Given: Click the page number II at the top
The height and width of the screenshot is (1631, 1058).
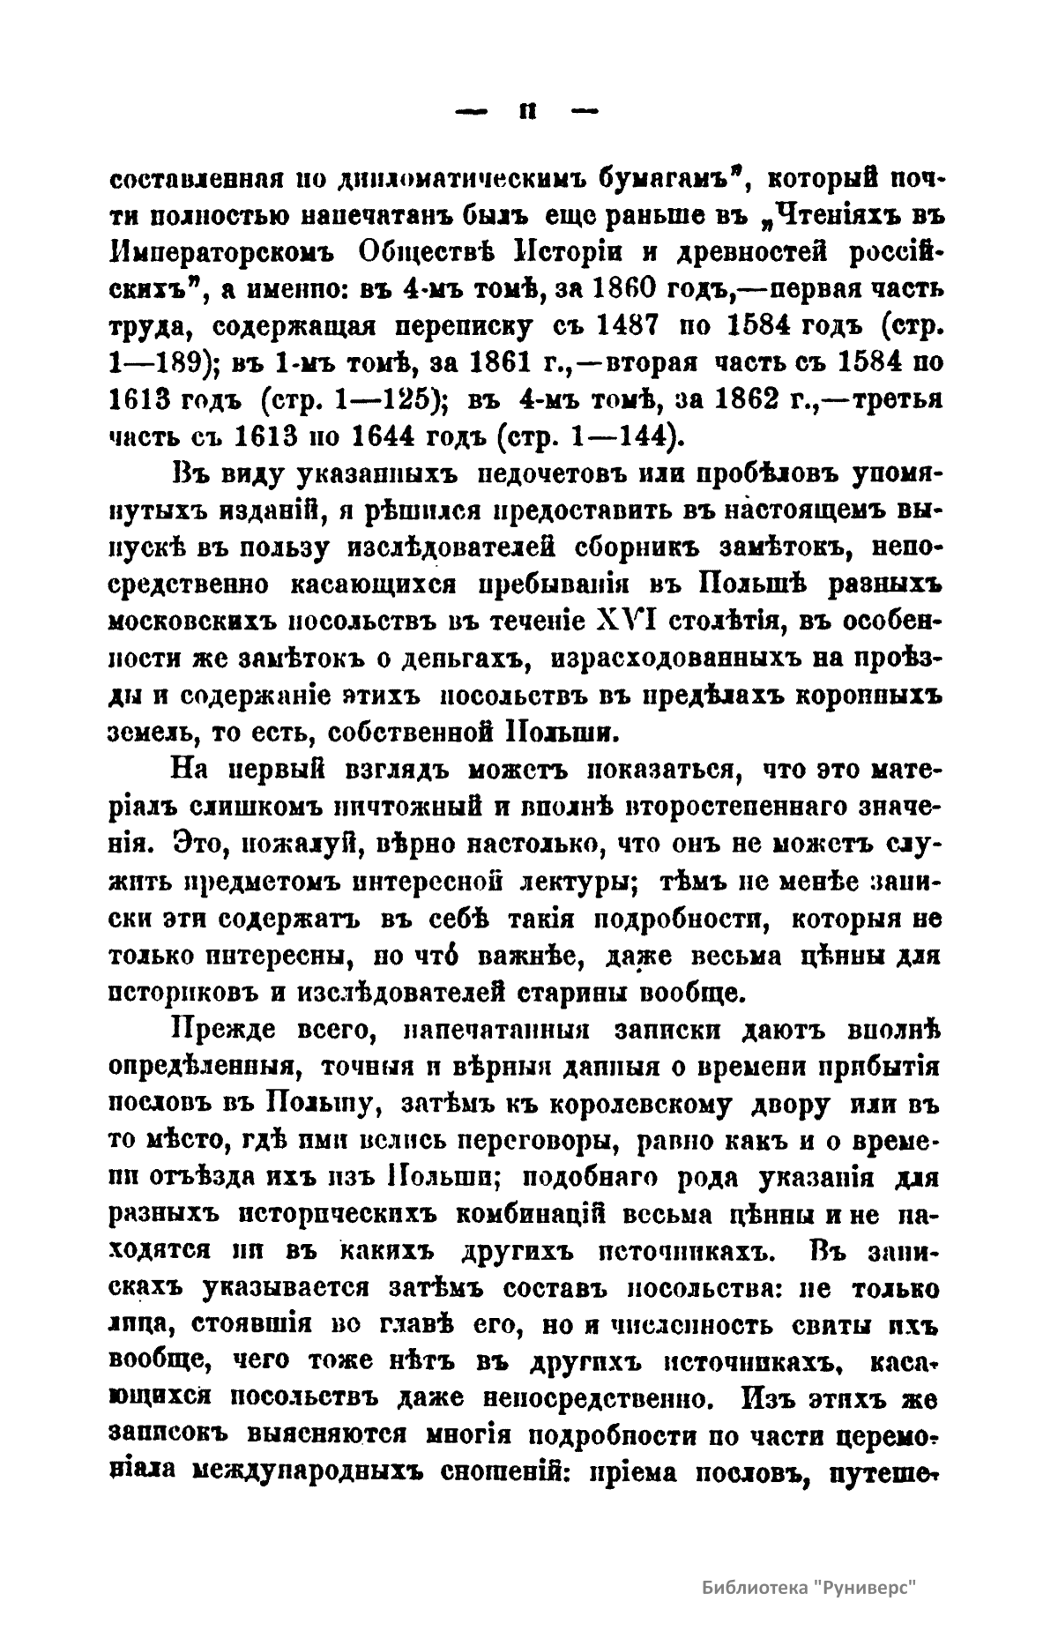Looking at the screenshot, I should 526,112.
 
